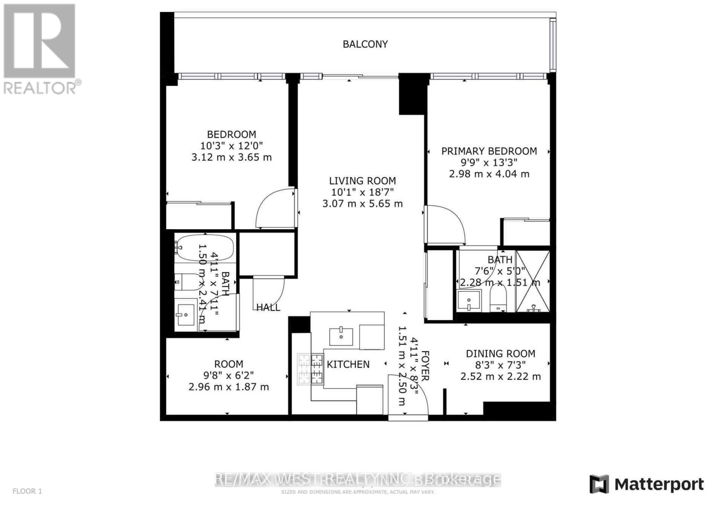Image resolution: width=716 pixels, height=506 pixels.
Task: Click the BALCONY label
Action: pos(365,44)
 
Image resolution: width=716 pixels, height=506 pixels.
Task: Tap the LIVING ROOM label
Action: pos(362,181)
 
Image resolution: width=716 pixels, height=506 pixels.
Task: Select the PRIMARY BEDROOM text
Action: pos(489,151)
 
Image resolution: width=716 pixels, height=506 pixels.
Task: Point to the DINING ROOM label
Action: pos(500,354)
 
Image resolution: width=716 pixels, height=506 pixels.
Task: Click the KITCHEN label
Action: pos(348,365)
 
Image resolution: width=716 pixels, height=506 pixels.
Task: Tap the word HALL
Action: pos(268,307)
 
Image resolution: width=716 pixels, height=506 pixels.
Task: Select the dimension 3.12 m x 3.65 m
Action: pos(231,157)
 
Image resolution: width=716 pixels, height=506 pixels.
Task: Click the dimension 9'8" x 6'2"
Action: pos(229,376)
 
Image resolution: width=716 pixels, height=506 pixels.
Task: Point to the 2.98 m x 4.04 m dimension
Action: pos(489,174)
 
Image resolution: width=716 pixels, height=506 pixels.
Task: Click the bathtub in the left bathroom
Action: pos(205,247)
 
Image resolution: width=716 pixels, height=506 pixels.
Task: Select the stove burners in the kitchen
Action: pos(310,369)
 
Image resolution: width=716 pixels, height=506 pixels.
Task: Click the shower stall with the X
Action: pos(533,281)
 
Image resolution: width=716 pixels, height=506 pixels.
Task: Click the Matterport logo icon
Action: pos(599,484)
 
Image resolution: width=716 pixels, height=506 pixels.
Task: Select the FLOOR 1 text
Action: pos(27,491)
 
